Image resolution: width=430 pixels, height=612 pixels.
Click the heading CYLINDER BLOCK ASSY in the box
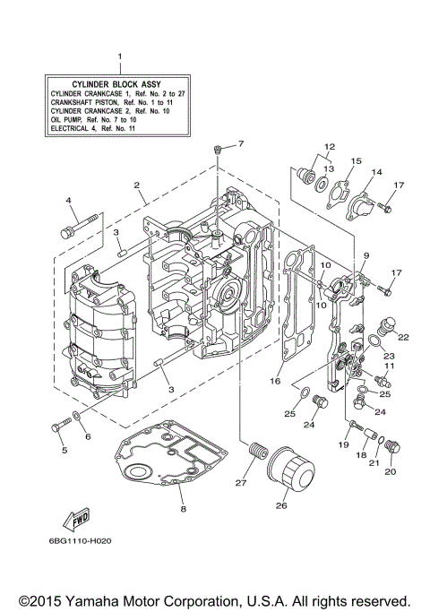coord(119,82)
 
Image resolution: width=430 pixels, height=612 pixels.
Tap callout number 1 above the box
coord(120,57)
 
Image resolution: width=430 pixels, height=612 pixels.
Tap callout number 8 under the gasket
coord(183,511)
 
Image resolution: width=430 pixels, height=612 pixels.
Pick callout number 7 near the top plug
coord(239,144)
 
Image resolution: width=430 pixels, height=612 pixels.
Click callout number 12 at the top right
coord(330,146)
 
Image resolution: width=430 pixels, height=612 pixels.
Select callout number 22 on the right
coord(403,337)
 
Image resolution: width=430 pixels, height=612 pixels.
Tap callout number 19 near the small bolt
coord(344,444)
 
